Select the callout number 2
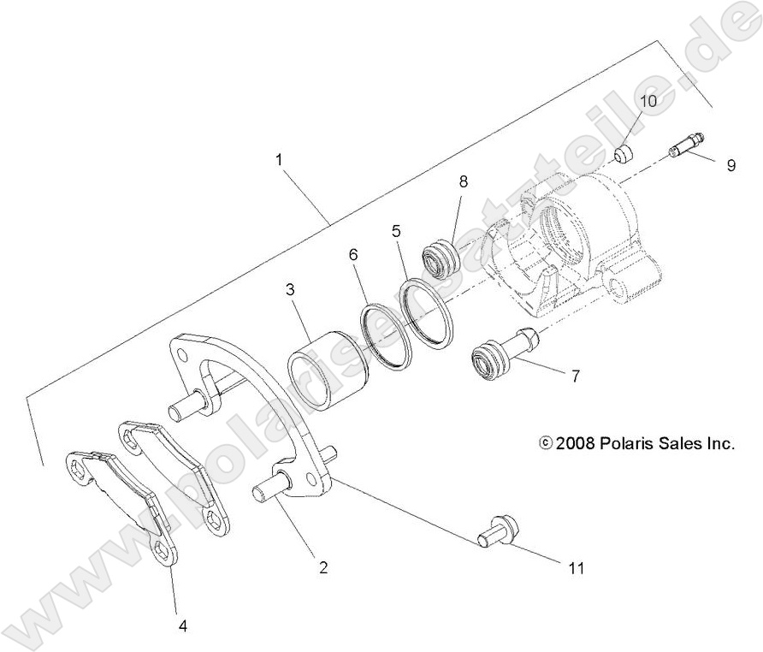[x=323, y=566]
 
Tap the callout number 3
[x=291, y=291]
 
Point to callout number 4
[x=182, y=625]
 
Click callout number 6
[x=352, y=254]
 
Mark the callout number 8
[x=463, y=181]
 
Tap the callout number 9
[x=730, y=165]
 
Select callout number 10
[x=648, y=101]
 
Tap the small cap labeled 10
[x=625, y=154]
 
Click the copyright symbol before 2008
[x=546, y=443]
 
